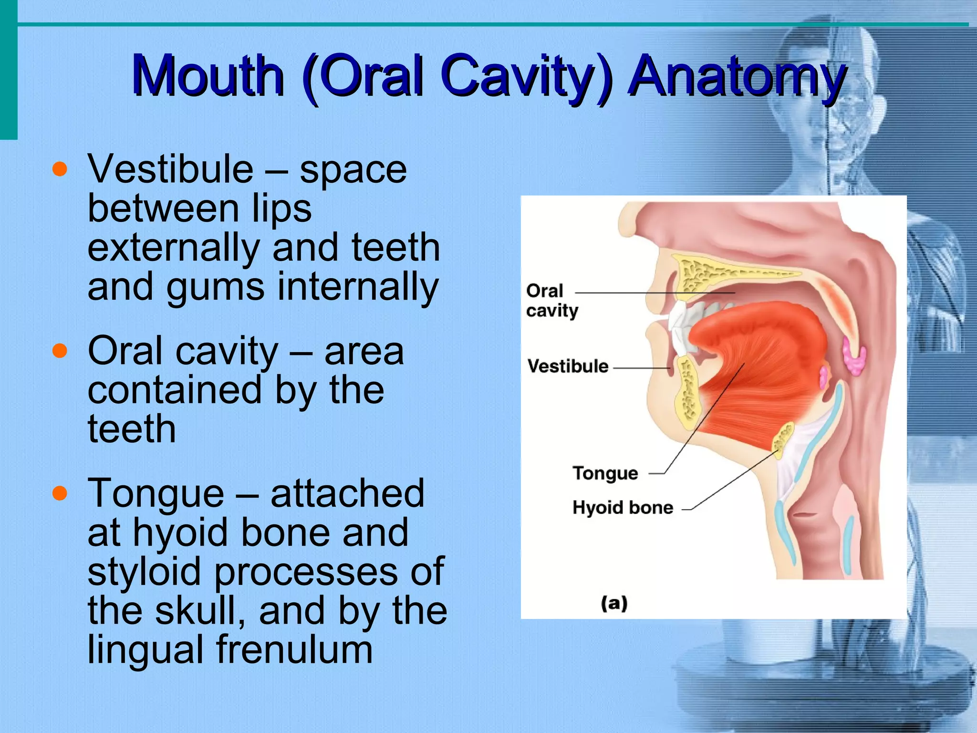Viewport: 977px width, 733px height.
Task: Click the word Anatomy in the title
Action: tap(737, 76)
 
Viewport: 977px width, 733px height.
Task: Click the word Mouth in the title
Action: tap(208, 76)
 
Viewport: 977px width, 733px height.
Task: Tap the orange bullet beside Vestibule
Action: tap(60, 169)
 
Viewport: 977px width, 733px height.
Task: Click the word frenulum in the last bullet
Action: tap(294, 650)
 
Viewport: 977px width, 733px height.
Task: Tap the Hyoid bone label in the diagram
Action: tap(623, 507)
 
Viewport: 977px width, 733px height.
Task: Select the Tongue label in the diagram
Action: tap(605, 473)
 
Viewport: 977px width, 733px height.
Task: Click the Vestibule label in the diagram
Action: tap(568, 366)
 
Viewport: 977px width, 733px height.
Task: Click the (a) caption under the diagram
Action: tap(614, 603)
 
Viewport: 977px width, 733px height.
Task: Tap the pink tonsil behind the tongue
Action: tap(853, 356)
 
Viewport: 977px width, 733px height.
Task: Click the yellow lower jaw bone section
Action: tap(687, 396)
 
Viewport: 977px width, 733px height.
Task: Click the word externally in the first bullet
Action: tap(174, 248)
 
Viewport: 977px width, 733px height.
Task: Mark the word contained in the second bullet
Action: tap(175, 390)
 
